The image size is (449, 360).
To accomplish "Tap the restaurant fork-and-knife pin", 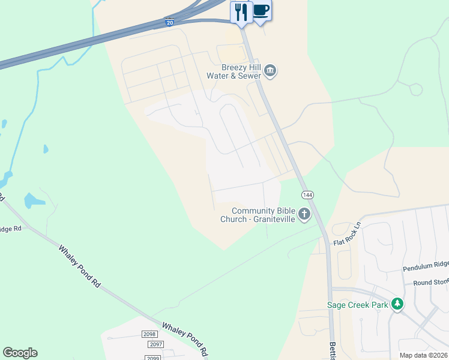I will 241,13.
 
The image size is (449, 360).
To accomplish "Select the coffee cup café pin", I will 261,11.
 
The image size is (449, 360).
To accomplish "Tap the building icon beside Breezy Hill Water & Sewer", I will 270,71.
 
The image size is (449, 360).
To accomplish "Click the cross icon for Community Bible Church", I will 304,214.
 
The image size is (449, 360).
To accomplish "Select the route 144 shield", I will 307,195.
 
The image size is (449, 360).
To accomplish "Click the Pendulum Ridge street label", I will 426,264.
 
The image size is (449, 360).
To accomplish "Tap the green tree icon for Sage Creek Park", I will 397,304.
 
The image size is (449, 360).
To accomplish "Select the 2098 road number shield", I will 149,334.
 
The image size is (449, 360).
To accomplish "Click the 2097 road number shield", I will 156,344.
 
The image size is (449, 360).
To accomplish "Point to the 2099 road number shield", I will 151,357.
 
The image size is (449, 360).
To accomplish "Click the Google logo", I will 20,353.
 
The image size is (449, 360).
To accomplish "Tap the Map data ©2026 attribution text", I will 423,355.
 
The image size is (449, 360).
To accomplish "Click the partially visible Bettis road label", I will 332,350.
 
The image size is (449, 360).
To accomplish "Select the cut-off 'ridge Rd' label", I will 11,229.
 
